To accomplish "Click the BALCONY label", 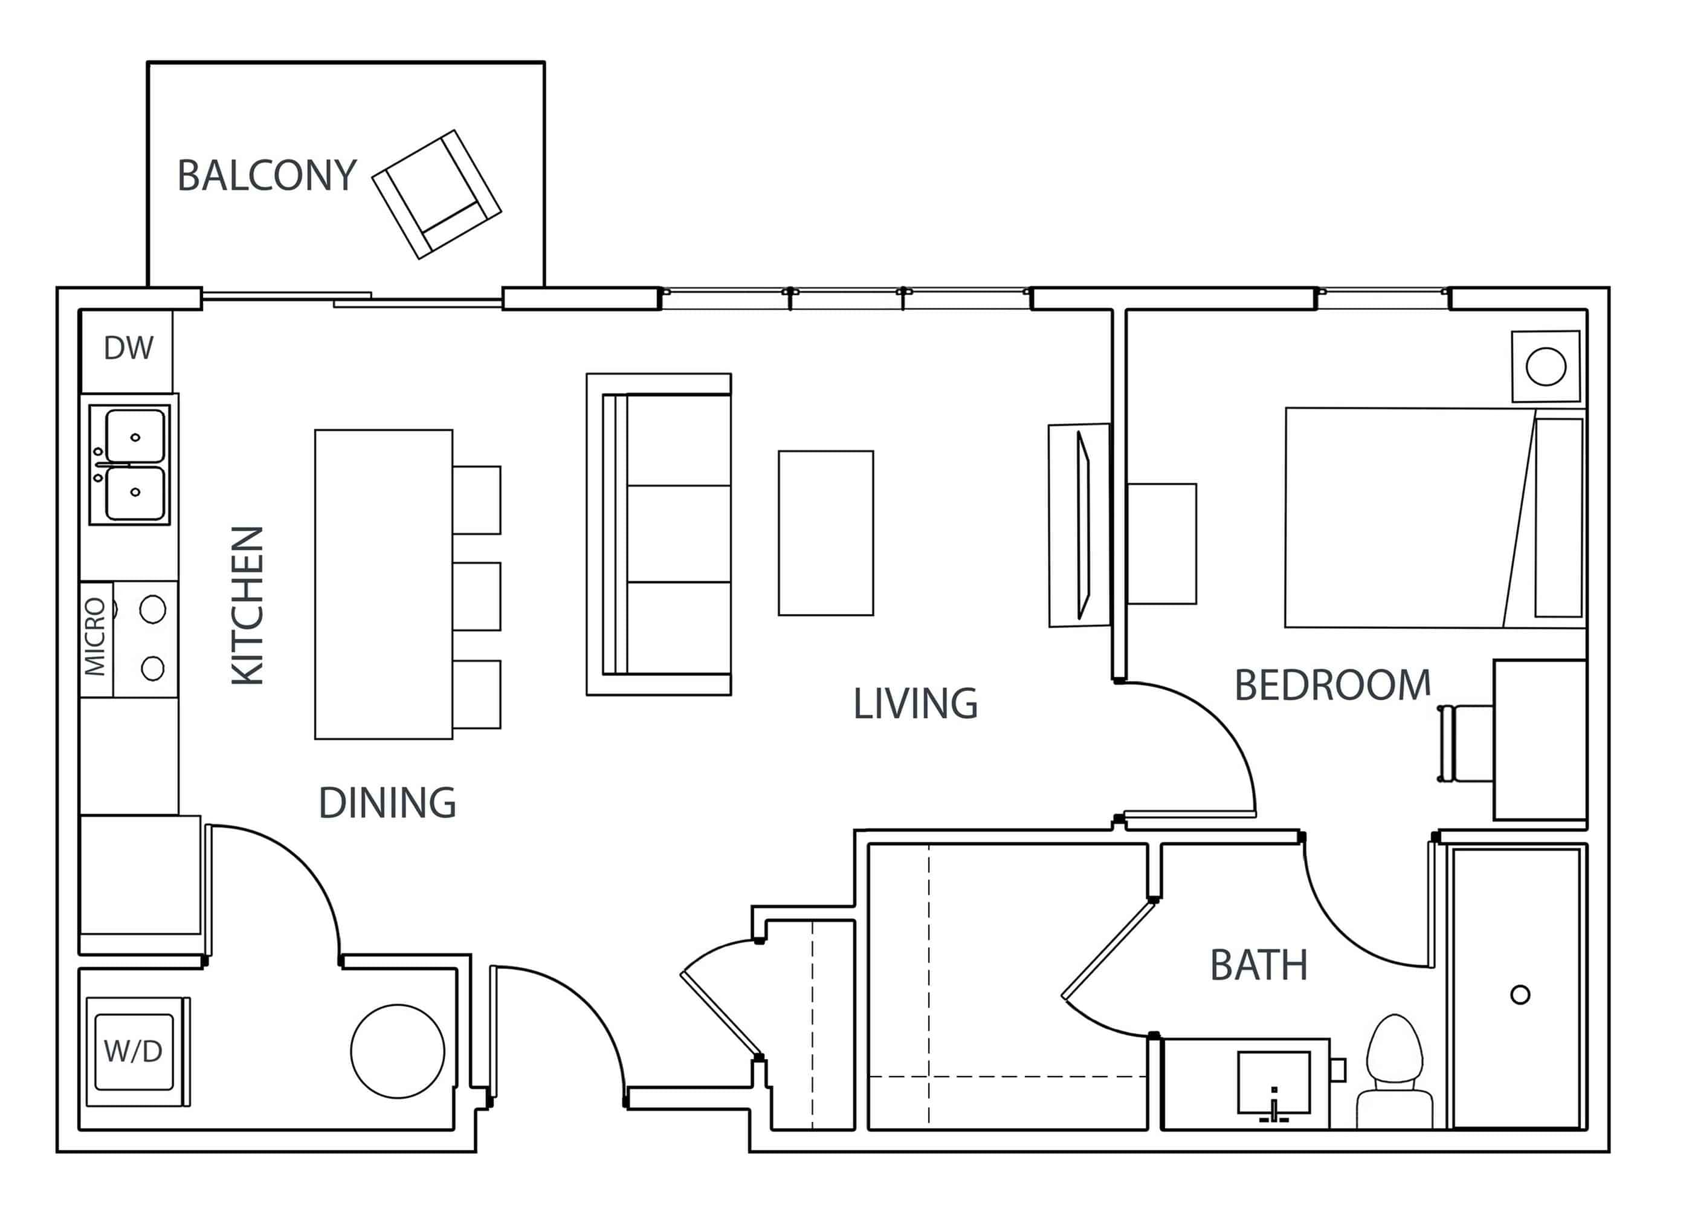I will pos(266,176).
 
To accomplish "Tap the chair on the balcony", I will pos(437,194).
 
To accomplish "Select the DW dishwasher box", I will pos(128,348).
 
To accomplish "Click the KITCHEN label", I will pos(248,605).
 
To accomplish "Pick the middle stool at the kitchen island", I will pos(476,596).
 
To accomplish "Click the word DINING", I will pos(387,803).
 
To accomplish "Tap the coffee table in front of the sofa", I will pos(825,533).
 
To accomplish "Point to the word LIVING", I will pos(914,704).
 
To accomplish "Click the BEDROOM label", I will pos(1332,686).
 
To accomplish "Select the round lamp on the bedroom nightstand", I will pos(1545,366).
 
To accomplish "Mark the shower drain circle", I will pos(1520,994).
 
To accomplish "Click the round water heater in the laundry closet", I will pos(398,1051).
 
